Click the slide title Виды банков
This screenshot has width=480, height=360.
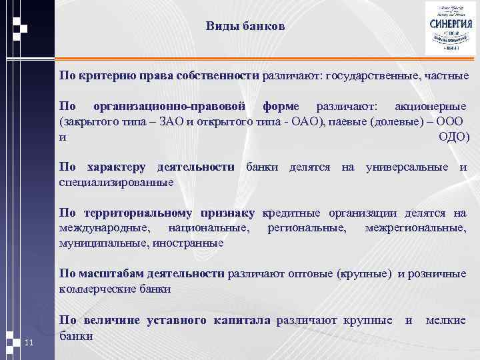245,27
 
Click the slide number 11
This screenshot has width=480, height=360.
28,343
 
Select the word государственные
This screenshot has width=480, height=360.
370,75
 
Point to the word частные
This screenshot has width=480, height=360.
446,75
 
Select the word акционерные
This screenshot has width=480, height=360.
431,107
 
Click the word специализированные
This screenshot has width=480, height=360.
117,182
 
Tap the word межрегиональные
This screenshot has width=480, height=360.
415,228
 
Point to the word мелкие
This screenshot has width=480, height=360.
446,321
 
